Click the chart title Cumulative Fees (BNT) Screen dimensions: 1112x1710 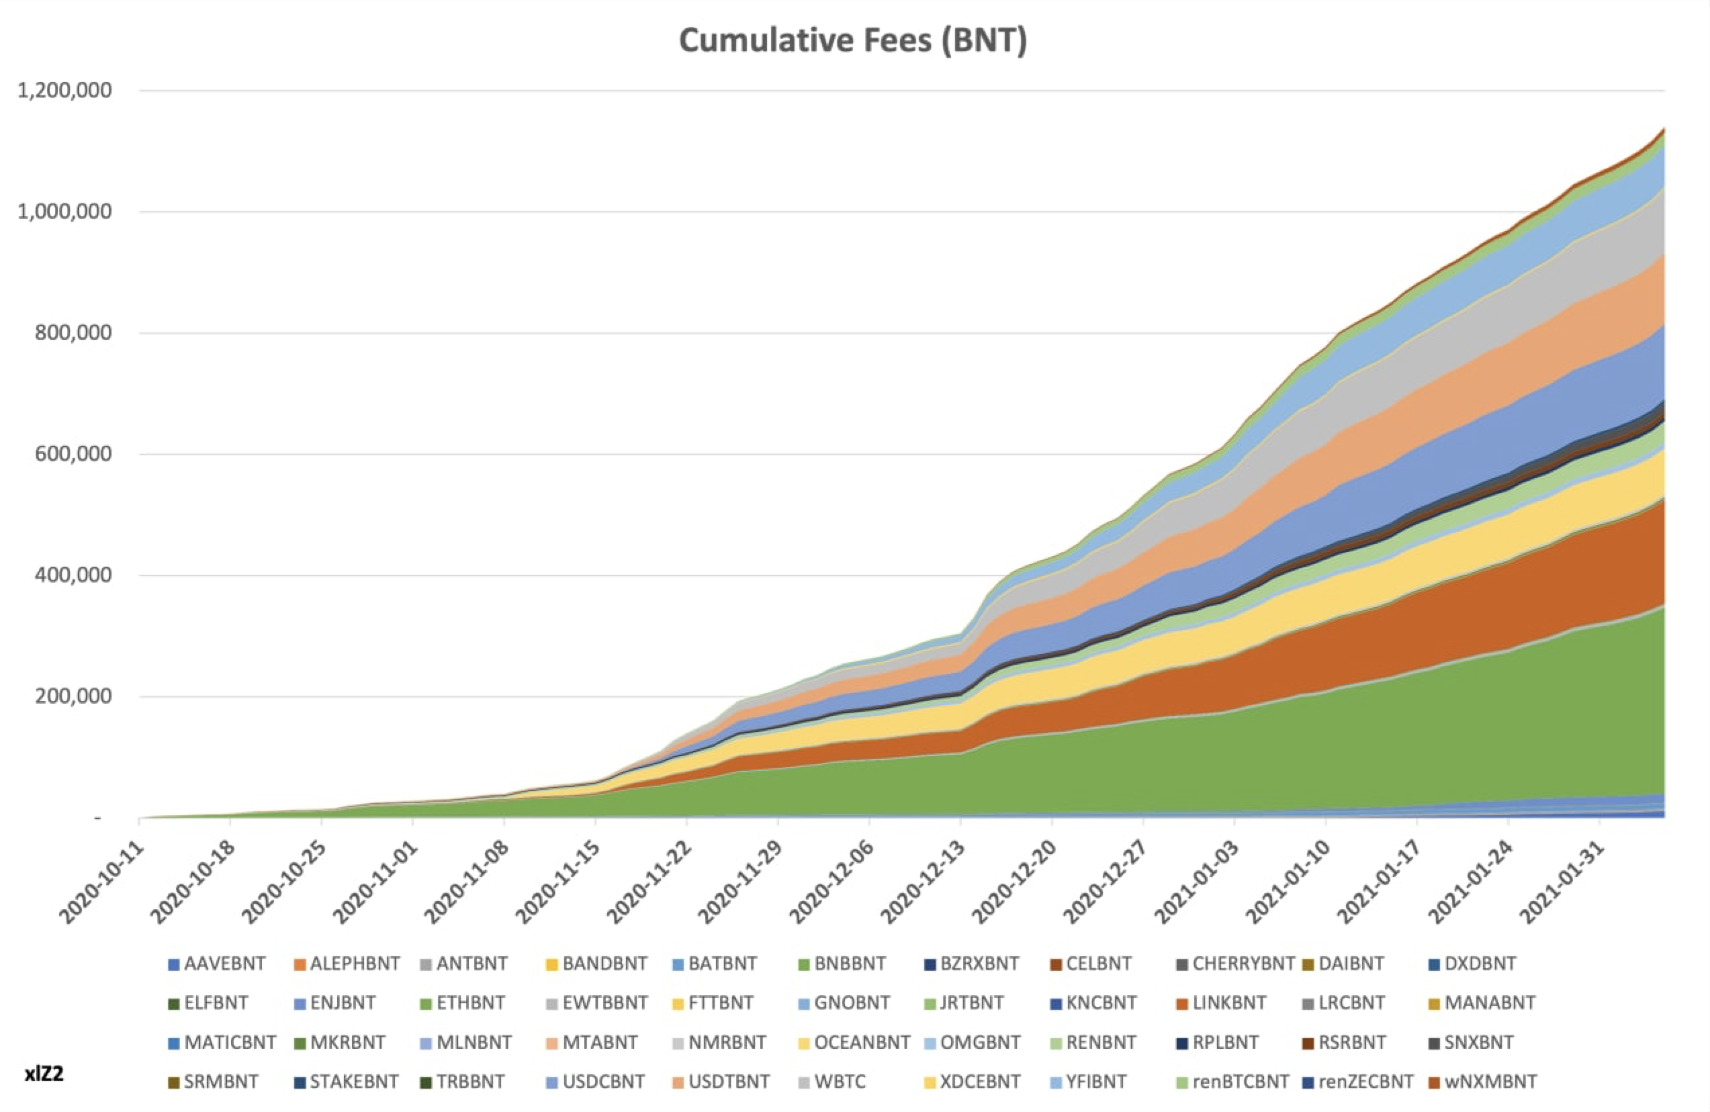tap(853, 40)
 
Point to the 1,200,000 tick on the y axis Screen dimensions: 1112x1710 tap(64, 91)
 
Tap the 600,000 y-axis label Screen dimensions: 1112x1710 tap(73, 454)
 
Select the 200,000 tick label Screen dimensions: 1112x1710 tap(73, 696)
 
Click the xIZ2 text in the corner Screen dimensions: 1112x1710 tap(44, 1074)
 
